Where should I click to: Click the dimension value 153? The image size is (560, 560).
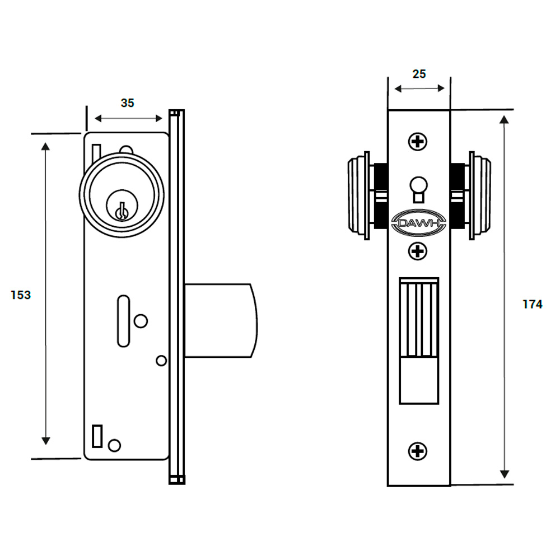pos(21,295)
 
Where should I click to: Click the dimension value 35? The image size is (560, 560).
pos(128,103)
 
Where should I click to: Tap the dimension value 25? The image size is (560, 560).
pos(419,74)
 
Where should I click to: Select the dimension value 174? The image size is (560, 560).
pos(533,305)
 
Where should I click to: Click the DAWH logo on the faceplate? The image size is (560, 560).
pos(419,224)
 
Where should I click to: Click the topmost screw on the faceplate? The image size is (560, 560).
pos(418,142)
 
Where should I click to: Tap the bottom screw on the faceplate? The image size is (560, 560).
pos(418,450)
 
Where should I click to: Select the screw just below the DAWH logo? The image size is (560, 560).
pos(418,251)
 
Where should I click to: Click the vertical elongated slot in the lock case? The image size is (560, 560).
pos(123,321)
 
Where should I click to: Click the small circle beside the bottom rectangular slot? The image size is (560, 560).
pos(114,445)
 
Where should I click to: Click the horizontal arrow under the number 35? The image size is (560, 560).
pos(128,118)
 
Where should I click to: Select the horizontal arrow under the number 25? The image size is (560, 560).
pos(419,88)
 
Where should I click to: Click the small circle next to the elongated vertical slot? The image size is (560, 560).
pos(141,321)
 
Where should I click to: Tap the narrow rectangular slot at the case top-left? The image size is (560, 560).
pos(96,154)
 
